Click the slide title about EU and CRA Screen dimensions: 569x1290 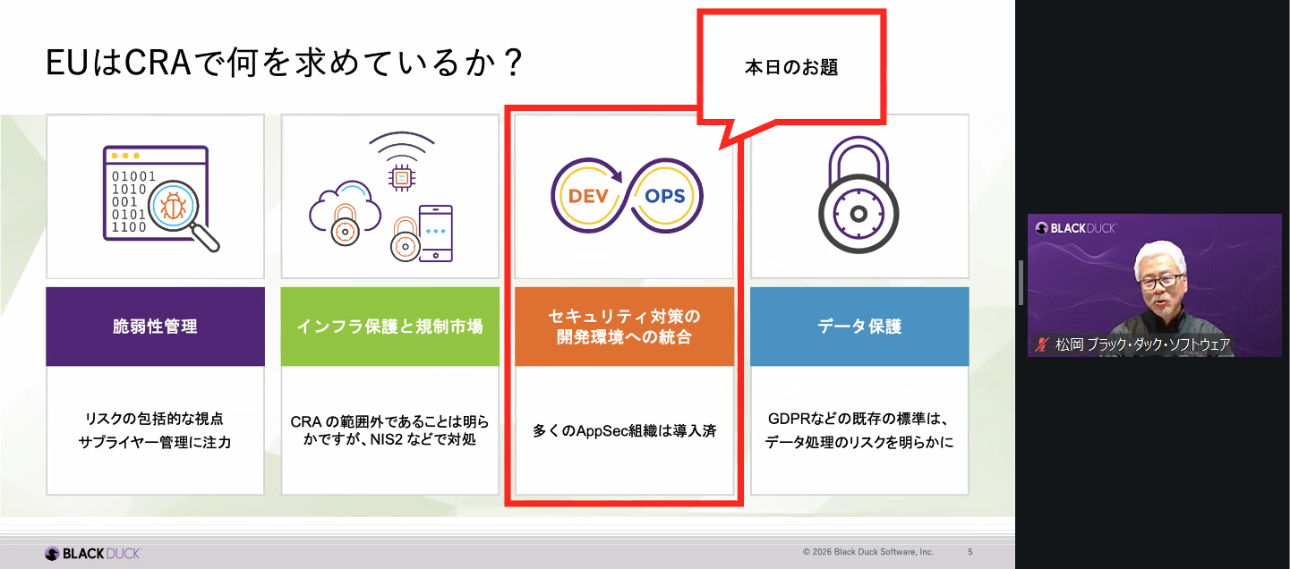[284, 64]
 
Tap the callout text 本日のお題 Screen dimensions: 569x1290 [790, 68]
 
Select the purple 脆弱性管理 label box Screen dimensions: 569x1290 [155, 327]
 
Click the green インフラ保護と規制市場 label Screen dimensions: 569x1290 [389, 327]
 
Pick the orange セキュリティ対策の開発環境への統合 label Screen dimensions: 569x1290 [624, 327]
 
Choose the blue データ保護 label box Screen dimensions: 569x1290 [859, 327]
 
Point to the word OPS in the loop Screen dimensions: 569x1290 [663, 195]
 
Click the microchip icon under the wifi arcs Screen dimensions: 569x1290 [402, 178]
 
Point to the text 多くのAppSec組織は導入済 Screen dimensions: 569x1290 [624, 430]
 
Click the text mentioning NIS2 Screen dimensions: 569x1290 [389, 431]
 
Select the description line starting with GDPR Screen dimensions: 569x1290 [858, 419]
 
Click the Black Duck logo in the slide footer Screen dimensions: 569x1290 [93, 553]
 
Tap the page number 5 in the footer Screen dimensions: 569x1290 [970, 552]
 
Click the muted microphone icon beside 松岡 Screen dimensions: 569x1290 [1041, 344]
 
